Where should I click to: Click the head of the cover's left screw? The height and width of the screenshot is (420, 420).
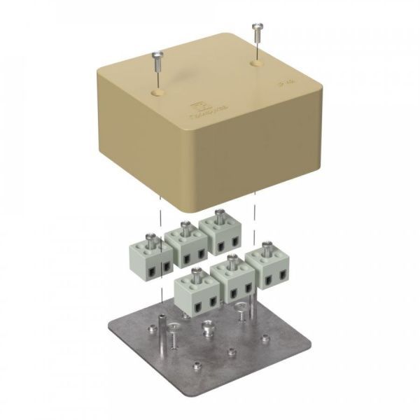(156, 54)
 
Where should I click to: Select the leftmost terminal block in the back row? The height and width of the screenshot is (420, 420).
(148, 256)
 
